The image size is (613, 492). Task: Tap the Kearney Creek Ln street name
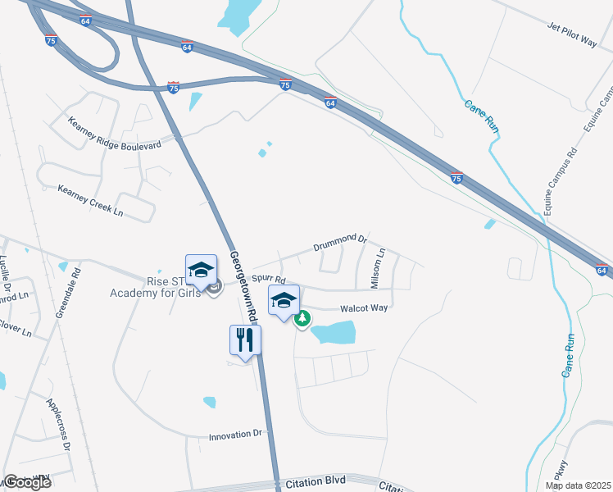point(90,201)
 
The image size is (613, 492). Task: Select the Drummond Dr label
point(339,244)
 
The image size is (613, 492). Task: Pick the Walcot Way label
point(364,308)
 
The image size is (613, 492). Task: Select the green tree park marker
point(302,318)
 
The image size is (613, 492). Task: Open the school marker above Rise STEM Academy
point(201,270)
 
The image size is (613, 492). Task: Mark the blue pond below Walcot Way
point(334,332)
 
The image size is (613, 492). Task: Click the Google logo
point(27,482)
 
